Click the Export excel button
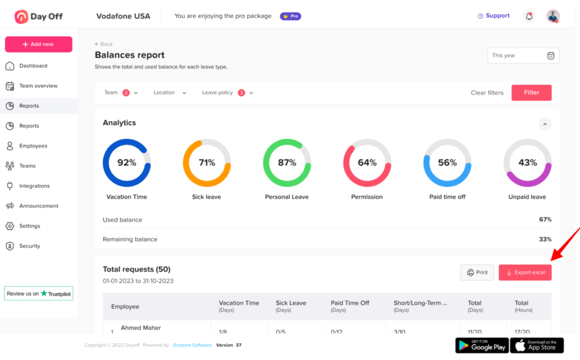(525, 273)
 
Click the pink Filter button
(531, 93)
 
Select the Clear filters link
(487, 93)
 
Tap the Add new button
(39, 44)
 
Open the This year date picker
(523, 55)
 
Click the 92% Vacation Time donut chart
(126, 163)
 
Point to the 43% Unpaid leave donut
(527, 163)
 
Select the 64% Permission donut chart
(367, 163)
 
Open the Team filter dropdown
(121, 93)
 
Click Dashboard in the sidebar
(33, 66)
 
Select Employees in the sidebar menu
(33, 146)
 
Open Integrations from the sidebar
(34, 186)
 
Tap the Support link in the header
(493, 16)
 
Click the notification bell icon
(529, 16)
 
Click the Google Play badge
(481, 345)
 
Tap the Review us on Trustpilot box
(39, 293)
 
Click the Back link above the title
(104, 44)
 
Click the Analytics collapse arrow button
(545, 123)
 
